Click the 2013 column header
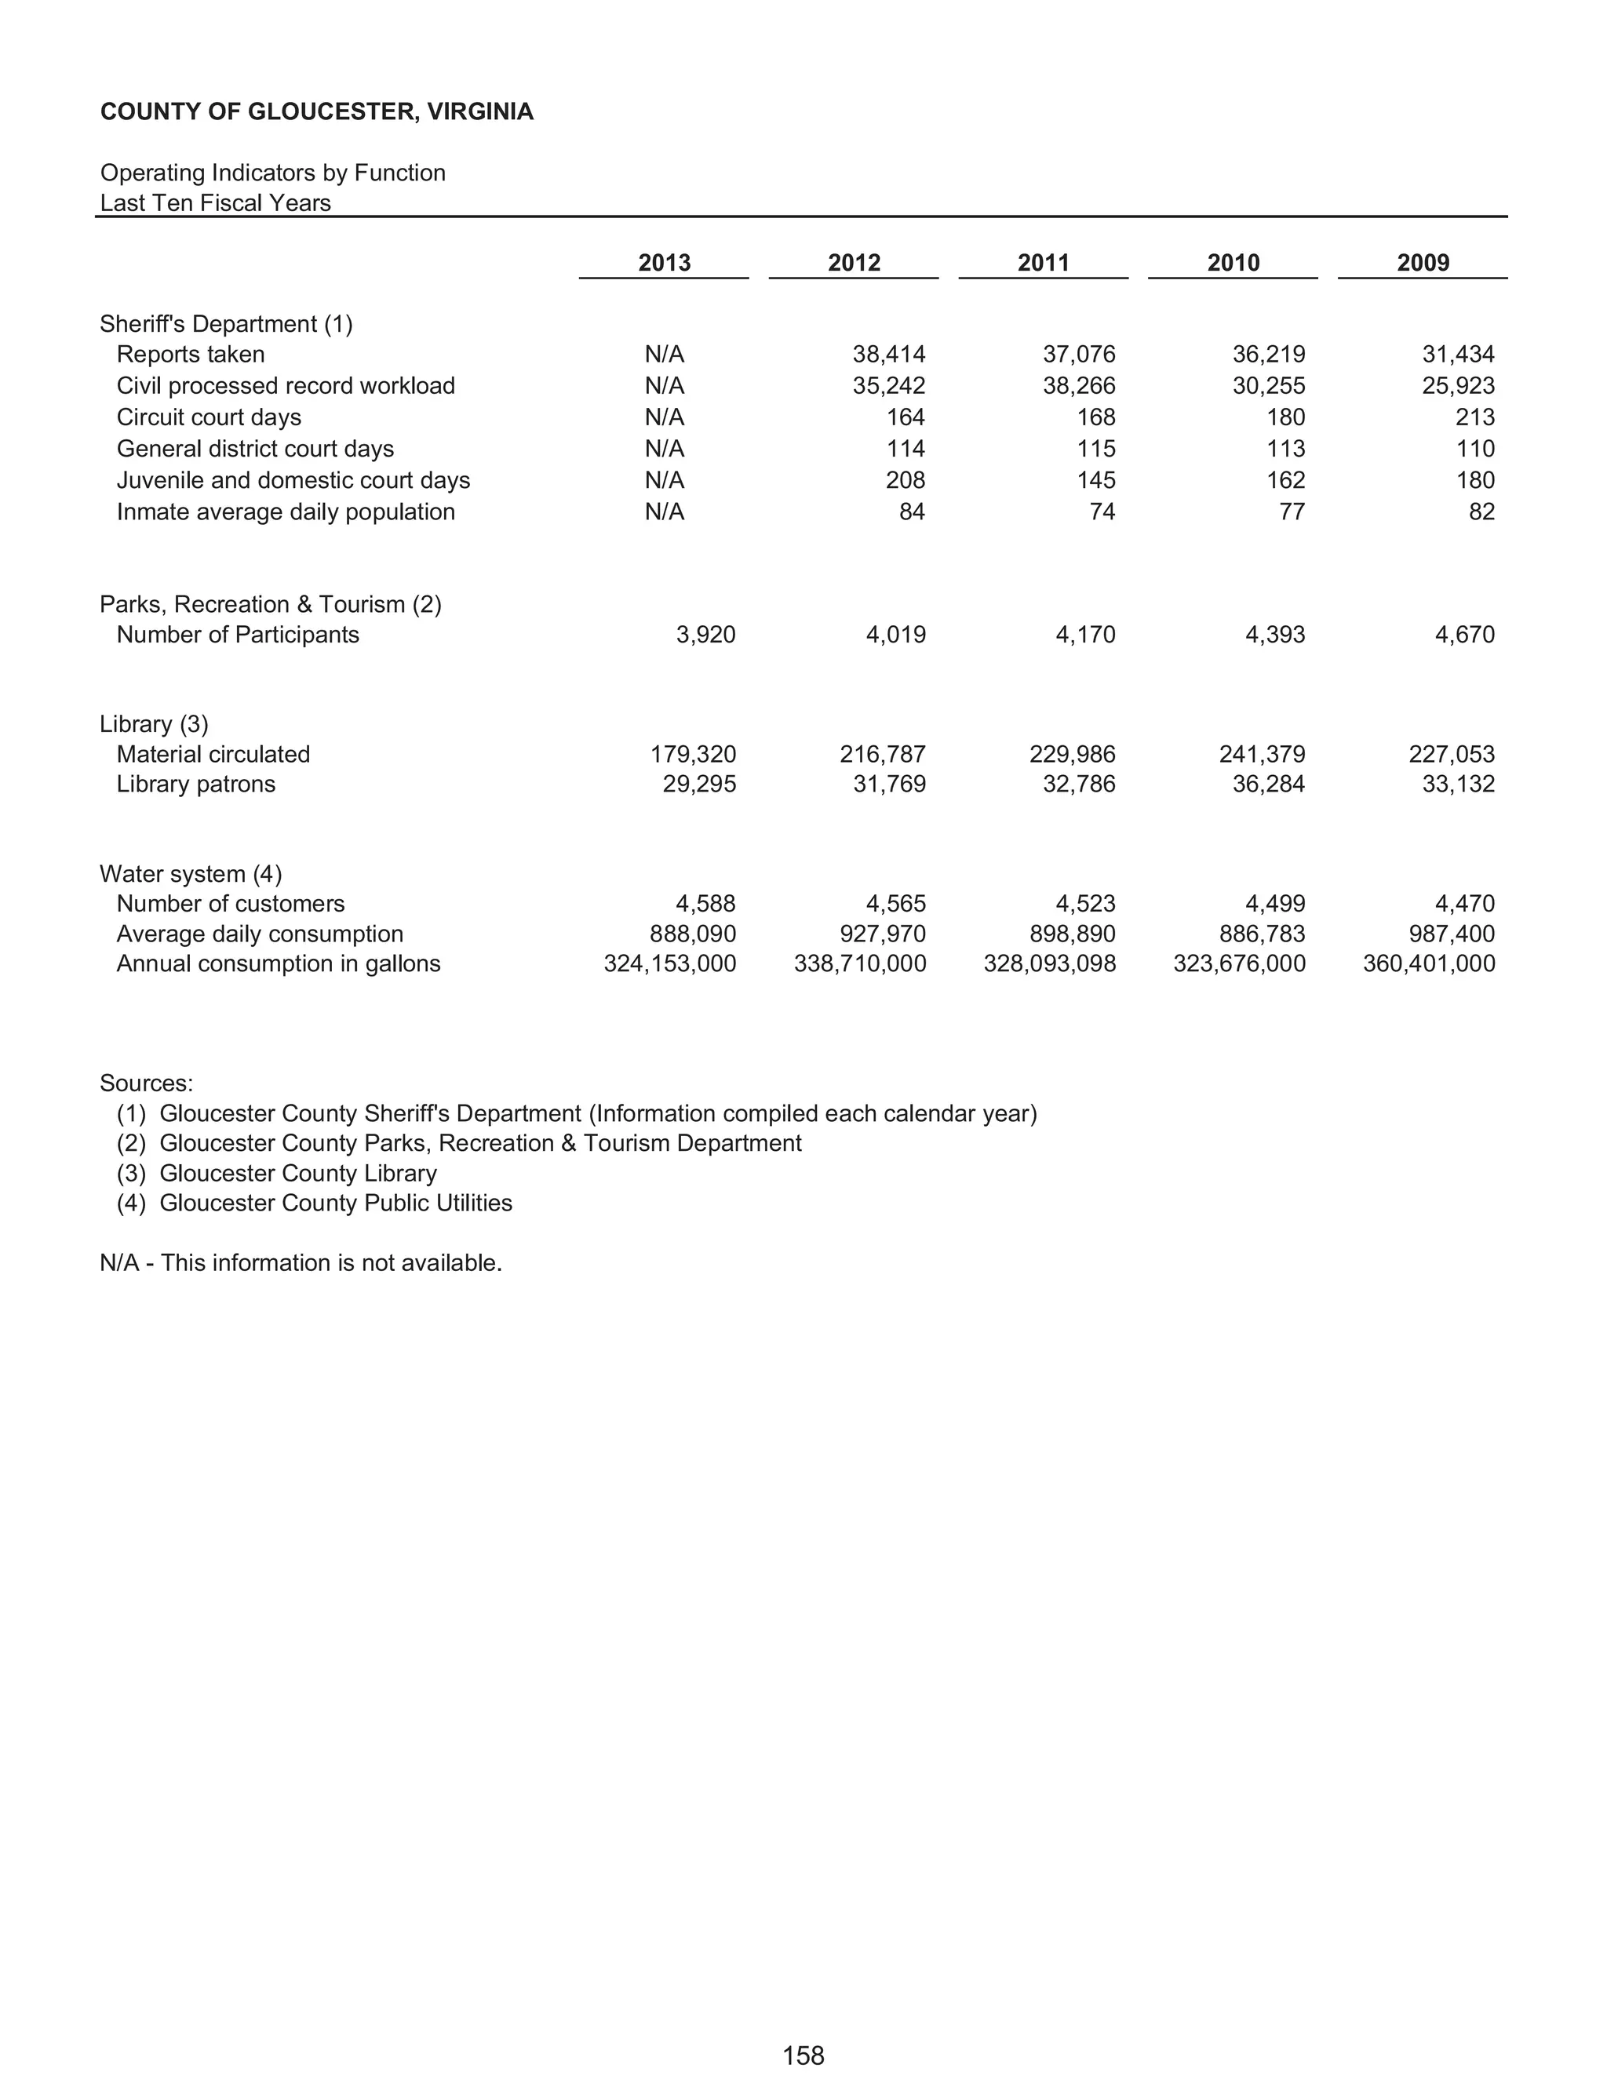click(x=664, y=263)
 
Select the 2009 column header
click(x=1423, y=263)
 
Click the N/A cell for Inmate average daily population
click(x=664, y=512)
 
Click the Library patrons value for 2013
click(x=699, y=785)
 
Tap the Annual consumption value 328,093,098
click(x=1049, y=964)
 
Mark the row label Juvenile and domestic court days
click(x=293, y=481)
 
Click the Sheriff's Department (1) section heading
click(x=227, y=325)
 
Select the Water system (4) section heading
click(x=191, y=874)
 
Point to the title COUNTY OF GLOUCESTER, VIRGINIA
click(x=316, y=112)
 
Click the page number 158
click(x=803, y=2056)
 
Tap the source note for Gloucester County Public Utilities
click(x=335, y=1203)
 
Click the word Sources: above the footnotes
click(x=147, y=1083)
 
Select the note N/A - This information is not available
click(x=301, y=1263)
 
